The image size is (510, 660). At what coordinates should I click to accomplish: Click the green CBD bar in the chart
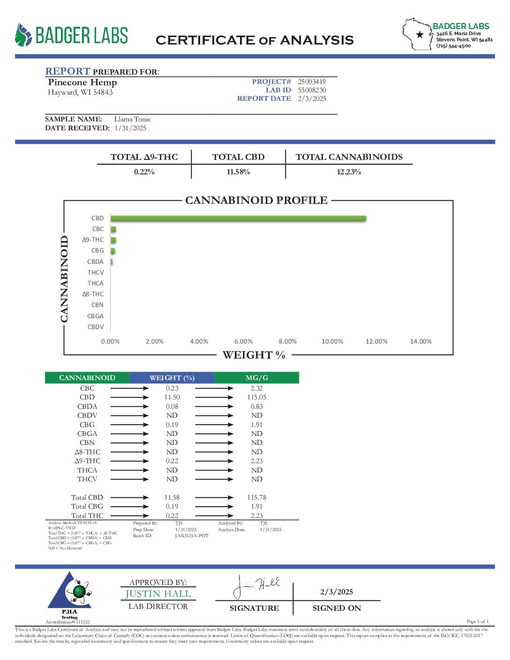tap(238, 218)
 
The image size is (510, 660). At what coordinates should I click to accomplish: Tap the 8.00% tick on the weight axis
tap(287, 342)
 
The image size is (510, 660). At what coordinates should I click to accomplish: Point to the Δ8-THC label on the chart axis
tap(93, 294)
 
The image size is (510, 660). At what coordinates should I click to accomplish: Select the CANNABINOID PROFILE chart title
tap(256, 200)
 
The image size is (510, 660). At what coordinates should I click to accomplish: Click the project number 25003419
tap(312, 82)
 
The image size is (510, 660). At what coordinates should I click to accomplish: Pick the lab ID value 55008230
tap(312, 90)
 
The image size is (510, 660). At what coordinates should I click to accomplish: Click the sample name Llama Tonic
tap(133, 119)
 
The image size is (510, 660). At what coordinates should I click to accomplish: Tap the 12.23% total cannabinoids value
tap(349, 172)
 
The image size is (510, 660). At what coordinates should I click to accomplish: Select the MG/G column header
tap(256, 378)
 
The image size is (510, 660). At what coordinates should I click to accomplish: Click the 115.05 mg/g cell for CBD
tap(256, 397)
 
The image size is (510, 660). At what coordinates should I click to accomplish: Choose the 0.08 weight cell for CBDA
tap(172, 406)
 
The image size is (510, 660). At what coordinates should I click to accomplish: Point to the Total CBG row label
tap(87, 506)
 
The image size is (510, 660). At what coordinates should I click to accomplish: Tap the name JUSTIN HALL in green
tap(158, 594)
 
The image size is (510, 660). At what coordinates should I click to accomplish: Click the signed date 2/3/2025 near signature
tap(337, 592)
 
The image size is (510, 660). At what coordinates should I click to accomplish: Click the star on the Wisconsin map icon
tap(420, 35)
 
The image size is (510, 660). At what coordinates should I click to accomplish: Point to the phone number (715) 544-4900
tap(453, 46)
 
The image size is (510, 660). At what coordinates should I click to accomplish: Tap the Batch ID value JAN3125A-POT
tap(191, 536)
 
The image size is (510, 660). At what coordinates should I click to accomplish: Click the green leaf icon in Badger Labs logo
tap(22, 35)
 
